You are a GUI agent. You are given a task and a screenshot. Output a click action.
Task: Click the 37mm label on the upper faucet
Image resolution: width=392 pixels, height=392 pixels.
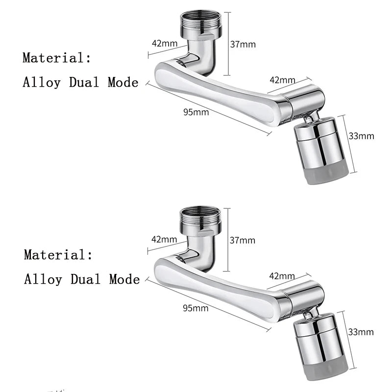[x=243, y=44]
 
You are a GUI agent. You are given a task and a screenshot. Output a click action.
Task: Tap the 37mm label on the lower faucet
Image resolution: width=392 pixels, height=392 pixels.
[x=243, y=240]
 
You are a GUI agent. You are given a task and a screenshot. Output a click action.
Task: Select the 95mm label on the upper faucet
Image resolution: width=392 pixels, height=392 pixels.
[x=196, y=112]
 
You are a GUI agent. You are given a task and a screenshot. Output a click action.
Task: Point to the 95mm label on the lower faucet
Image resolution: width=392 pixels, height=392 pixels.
[x=196, y=308]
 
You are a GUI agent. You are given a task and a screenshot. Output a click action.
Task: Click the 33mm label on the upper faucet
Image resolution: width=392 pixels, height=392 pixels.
[x=361, y=136]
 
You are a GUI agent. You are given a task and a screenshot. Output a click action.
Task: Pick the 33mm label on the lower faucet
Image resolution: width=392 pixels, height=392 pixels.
[x=361, y=332]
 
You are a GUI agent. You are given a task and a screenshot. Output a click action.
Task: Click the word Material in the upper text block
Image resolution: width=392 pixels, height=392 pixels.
[x=57, y=58]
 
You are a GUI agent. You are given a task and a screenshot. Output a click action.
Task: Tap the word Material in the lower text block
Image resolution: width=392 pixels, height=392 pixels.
[x=58, y=255]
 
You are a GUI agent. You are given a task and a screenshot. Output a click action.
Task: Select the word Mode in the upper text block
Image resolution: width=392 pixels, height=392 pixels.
[x=123, y=82]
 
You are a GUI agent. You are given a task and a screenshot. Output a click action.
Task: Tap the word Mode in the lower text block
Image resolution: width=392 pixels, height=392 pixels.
[x=124, y=279]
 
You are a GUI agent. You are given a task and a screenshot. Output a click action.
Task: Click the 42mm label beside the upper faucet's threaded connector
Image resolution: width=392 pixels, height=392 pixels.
[x=165, y=43]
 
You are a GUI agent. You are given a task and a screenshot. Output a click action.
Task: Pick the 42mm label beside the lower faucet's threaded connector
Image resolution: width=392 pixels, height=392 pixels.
[x=164, y=240]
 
